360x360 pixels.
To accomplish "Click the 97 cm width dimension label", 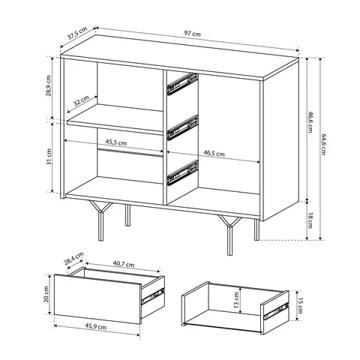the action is (192, 33).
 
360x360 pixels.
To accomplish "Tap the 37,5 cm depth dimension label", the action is (77, 33).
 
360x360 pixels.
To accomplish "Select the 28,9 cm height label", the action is (49, 85).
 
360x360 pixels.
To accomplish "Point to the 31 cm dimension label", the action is (49, 157).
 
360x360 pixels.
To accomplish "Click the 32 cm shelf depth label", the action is (82, 101).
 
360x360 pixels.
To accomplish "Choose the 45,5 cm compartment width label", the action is (115, 142).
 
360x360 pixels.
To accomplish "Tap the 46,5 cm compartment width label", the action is (214, 153).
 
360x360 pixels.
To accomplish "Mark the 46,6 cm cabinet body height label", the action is (310, 121).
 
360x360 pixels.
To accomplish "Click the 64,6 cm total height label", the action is (323, 144).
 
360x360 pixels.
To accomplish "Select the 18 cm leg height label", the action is (310, 220).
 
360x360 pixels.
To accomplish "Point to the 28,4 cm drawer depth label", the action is (73, 259).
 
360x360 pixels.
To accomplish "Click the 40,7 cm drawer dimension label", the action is (124, 264).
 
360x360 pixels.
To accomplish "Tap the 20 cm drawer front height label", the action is (46, 294).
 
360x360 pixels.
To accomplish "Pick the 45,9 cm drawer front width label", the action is (96, 326).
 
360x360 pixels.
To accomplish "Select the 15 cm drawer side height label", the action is (300, 305).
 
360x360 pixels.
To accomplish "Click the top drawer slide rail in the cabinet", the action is (182, 84).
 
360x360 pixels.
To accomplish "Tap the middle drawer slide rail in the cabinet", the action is (182, 127).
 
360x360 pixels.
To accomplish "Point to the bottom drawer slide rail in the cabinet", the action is (182, 172).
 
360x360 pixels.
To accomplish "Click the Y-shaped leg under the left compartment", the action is (100, 220).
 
